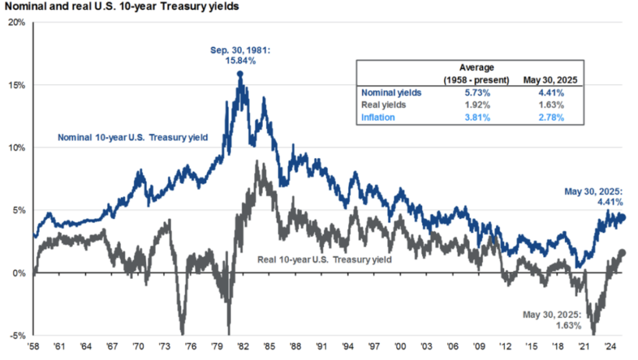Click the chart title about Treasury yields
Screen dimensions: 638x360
pos(121,6)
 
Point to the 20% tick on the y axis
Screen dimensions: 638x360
pos(17,22)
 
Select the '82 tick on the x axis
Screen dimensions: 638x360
pos(243,346)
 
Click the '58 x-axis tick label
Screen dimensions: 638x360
pos(33,346)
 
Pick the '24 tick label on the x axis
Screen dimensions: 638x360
pos(610,346)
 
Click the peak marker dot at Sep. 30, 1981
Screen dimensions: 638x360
pos(240,74)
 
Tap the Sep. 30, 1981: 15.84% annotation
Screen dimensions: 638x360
pos(240,55)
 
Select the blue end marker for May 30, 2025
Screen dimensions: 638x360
pos(622,217)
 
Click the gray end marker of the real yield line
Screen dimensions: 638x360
pos(622,253)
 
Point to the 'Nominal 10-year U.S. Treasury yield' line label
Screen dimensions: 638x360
pos(133,138)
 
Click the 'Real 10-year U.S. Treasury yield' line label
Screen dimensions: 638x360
pos(324,260)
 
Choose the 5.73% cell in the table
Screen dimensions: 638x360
pos(477,93)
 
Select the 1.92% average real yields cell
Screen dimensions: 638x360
pos(477,105)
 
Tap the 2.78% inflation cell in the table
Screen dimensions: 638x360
pos(551,118)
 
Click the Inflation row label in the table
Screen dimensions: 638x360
pos(378,118)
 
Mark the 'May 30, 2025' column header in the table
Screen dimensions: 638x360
pos(550,80)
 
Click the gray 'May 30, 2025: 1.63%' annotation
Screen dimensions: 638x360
pos(552,320)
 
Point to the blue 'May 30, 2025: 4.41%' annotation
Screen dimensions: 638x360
pos(594,197)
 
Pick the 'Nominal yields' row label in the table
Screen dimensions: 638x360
pos(391,93)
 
